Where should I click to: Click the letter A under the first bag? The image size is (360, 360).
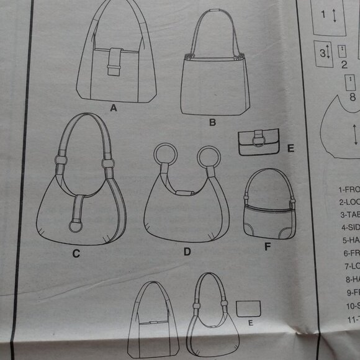click(x=114, y=108)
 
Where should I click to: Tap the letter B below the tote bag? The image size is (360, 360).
click(x=212, y=123)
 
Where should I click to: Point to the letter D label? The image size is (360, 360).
click(x=186, y=253)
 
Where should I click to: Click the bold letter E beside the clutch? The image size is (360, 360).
click(x=290, y=148)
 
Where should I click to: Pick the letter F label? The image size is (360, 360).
click(x=268, y=247)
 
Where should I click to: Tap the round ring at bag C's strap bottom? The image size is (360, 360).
click(x=75, y=225)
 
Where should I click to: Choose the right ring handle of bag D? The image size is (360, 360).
click(x=209, y=158)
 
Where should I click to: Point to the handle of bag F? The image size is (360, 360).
click(x=268, y=180)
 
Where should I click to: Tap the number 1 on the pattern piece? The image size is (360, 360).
click(x=323, y=14)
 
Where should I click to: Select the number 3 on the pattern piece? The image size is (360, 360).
click(x=323, y=53)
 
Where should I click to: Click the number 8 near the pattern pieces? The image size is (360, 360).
click(x=352, y=97)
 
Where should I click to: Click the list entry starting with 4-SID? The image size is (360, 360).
click(x=349, y=227)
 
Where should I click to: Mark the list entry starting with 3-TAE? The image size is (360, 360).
click(x=349, y=214)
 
